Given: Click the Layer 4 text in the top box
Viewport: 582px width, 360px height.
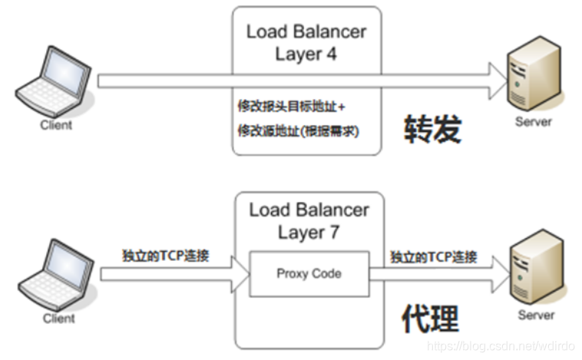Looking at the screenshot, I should [x=306, y=54].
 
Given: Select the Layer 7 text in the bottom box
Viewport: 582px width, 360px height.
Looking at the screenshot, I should [x=309, y=232].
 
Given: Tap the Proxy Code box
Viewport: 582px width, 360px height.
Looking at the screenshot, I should [x=309, y=273].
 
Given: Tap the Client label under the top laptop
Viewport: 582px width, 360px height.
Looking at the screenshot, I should [x=56, y=124].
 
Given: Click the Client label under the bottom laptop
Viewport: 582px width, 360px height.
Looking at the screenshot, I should [x=58, y=317].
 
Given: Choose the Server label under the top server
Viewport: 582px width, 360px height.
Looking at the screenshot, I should [x=534, y=121].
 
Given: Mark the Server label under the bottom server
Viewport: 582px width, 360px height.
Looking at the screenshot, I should [x=535, y=315].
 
